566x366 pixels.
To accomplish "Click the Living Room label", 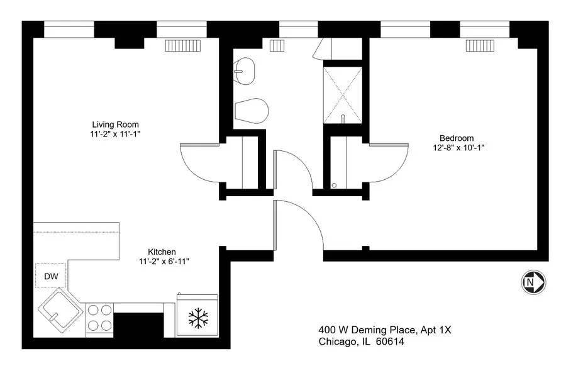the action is coord(115,125).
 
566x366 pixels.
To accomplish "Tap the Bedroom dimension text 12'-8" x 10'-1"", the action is coord(458,148).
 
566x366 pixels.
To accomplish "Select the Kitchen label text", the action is coord(162,252).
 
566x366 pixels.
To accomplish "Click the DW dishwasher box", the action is coord(50,276).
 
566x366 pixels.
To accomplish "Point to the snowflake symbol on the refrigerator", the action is coord(198,318).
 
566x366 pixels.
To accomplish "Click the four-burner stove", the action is coord(99,318).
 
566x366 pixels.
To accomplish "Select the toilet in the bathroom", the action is coord(252,111).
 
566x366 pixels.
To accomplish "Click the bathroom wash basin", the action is coord(245,71).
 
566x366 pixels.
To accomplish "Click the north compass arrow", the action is coord(533,282).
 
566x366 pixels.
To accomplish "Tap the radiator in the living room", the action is coord(182,45).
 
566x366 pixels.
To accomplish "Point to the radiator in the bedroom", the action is coord(480,45).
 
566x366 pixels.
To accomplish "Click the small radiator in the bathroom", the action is coord(277,45).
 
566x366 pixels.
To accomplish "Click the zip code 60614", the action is coord(390,341).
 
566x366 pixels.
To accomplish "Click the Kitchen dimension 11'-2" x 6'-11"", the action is coord(164,262).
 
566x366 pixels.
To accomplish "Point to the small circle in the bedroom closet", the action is coord(334,185).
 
